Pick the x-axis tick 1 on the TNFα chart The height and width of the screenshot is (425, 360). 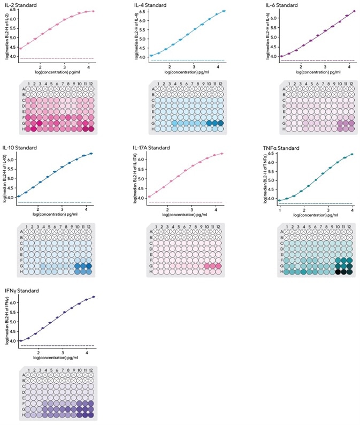280,208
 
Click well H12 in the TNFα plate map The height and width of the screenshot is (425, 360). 349,271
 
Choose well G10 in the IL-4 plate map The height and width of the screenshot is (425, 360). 209,123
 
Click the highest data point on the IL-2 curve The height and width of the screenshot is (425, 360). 93,11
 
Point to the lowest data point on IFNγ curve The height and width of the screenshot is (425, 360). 21,340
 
